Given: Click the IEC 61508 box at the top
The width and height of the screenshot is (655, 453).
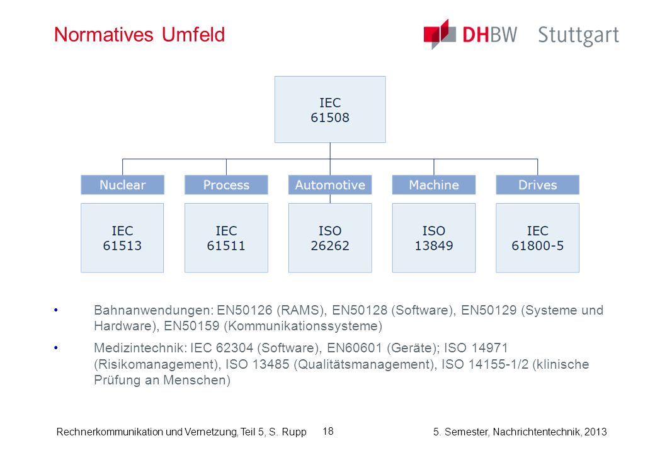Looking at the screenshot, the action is click(x=330, y=109).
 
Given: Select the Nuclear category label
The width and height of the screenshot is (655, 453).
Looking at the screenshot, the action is click(x=122, y=185).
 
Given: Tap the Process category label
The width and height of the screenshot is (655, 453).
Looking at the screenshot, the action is click(x=226, y=185).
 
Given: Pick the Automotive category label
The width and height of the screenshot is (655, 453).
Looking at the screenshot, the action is click(x=330, y=185).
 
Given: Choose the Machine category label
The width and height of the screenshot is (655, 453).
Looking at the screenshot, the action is click(x=433, y=185).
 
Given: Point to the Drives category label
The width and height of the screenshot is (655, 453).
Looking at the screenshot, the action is click(x=538, y=185).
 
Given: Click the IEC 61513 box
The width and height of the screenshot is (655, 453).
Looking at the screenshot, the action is click(x=122, y=238).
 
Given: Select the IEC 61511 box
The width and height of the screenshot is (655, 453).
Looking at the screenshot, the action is click(x=226, y=238).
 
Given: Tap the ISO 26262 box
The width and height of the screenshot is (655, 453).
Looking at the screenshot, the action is click(x=330, y=238).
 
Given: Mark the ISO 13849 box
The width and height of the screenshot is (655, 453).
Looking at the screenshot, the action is click(x=433, y=238).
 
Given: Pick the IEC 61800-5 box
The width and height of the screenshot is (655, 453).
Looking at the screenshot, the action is click(x=538, y=238).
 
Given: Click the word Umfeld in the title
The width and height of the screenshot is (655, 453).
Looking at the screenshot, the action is click(x=193, y=35).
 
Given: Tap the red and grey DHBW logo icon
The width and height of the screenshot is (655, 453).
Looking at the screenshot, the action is click(x=440, y=34).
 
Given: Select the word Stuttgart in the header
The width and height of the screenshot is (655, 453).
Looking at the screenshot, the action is click(x=579, y=36).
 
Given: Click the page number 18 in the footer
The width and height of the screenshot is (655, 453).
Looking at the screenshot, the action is click(x=328, y=432).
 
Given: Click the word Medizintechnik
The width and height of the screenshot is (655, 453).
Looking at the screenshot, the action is click(x=140, y=348).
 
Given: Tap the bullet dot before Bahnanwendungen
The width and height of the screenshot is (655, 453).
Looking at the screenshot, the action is click(x=56, y=310).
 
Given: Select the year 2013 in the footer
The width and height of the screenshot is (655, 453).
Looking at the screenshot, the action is click(x=596, y=432).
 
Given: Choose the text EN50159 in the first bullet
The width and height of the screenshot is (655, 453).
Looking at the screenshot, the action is click(x=191, y=326).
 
